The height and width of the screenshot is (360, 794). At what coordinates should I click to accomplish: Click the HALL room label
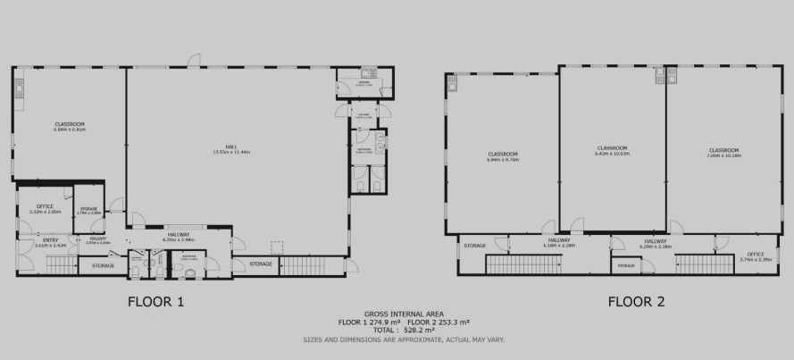pos(230,147)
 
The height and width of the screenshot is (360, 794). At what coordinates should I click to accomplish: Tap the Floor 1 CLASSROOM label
pos(69,123)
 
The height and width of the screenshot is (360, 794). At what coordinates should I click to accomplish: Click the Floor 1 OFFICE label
pos(45,206)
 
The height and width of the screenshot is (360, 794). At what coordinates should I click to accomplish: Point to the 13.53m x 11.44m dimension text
pos(230,153)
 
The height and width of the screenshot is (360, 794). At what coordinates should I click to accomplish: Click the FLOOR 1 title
pos(156,301)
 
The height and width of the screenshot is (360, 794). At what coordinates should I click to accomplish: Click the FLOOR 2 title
pos(638,301)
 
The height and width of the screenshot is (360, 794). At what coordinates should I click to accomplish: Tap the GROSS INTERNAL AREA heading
pos(397,314)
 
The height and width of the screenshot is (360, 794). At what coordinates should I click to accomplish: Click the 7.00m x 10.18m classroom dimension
pos(724,155)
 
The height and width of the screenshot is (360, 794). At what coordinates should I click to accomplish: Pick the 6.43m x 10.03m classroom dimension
pos(612,153)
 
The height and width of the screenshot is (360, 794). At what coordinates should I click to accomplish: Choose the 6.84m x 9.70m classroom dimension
pos(503,160)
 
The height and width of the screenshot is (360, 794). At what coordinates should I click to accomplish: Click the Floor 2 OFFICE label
pos(755,254)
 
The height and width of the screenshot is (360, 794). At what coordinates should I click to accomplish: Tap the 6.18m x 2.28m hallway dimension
pos(559,245)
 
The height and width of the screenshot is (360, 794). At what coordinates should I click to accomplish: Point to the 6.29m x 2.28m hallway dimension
pos(655,246)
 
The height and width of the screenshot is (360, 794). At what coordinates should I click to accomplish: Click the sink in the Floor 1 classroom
pos(18,87)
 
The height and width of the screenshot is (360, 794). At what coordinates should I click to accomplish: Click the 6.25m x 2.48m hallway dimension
pos(179,239)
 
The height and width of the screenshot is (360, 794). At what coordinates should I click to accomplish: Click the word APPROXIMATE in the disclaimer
pos(429,339)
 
